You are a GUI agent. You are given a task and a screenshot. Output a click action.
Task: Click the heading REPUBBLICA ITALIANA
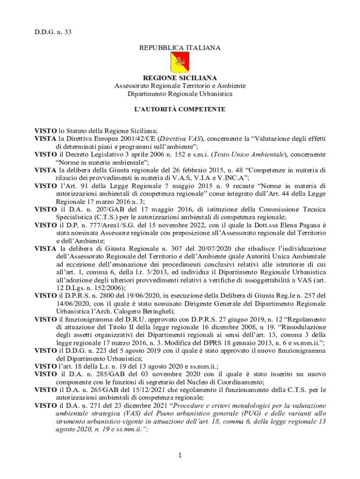pos(180,48)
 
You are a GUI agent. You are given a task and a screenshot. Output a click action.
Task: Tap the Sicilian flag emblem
pos(180,62)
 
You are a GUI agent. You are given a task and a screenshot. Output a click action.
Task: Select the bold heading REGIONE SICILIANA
pos(180,78)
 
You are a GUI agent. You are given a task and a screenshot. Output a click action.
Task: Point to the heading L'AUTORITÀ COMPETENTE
pos(180,109)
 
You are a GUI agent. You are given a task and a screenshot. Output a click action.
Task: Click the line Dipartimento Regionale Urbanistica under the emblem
pos(180,94)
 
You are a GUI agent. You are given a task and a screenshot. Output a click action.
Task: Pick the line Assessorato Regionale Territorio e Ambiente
pos(180,86)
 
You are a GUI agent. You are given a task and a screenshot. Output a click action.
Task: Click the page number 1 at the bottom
pos(180,455)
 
